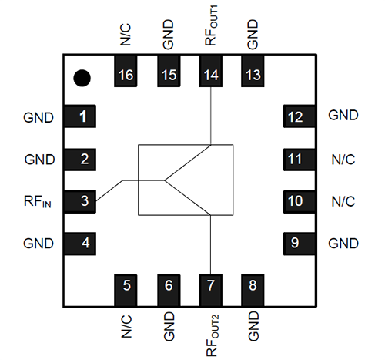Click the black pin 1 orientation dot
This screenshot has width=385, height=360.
(x=82, y=77)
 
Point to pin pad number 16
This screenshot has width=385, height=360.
(x=126, y=75)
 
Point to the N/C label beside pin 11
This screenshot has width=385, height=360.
(x=343, y=160)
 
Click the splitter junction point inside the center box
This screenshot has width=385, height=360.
(x=164, y=181)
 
